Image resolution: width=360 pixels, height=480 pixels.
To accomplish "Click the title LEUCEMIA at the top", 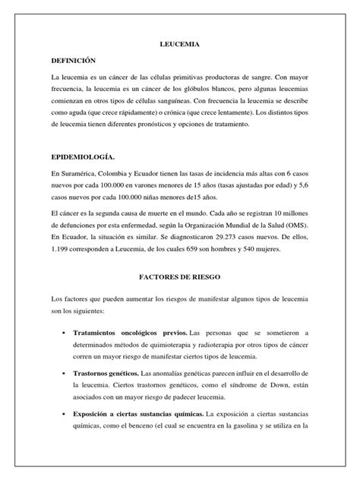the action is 179,46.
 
